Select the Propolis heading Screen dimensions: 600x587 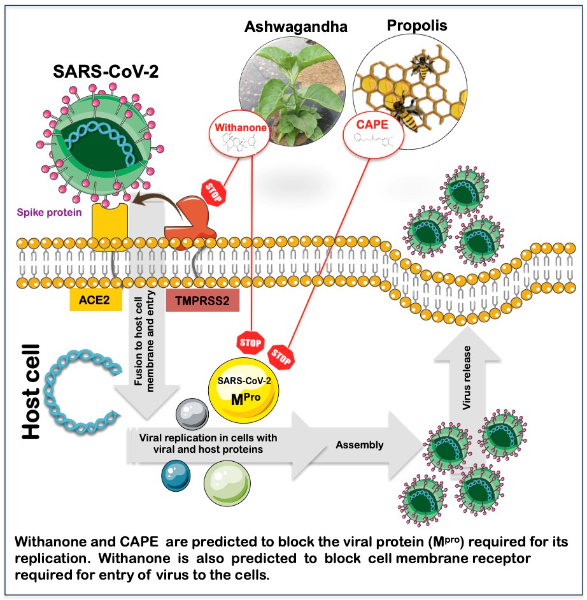pos(416,25)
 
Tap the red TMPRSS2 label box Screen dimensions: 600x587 pos(202,300)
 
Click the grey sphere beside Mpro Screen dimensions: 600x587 pos(191,417)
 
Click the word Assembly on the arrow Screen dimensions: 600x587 pos(360,445)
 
